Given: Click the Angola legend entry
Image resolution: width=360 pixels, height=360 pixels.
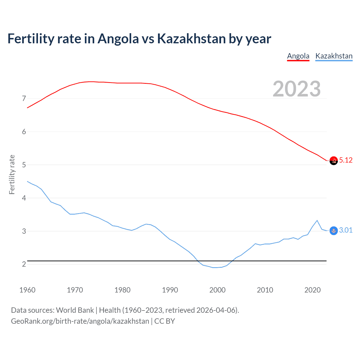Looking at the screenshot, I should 298,56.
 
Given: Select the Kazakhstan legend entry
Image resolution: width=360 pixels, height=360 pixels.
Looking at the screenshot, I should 334,56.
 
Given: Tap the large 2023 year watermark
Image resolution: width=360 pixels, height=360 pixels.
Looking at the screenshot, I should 297,89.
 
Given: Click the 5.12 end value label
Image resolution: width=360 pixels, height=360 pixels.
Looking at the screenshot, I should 346,160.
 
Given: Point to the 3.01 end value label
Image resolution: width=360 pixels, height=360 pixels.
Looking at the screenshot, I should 346,230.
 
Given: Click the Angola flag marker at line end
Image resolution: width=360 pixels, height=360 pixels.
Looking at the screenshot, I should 334,161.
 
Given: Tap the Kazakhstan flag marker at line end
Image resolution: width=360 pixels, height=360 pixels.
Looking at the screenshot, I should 334,231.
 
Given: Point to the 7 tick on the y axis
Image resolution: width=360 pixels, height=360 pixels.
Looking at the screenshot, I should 24,99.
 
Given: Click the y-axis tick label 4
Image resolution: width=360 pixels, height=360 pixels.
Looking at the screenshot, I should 24,198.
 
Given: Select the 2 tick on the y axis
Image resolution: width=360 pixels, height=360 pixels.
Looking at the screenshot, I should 24,264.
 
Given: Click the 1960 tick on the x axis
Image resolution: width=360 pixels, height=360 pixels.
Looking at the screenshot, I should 27,290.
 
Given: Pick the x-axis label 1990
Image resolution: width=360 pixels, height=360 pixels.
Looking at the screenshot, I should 170,290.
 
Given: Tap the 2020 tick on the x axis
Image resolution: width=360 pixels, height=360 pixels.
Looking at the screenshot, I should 312,290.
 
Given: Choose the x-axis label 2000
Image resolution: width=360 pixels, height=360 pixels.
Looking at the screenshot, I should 217,290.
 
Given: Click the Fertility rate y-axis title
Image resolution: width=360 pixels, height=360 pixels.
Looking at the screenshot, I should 12,174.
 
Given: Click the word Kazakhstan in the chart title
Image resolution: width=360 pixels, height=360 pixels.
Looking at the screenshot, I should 191,39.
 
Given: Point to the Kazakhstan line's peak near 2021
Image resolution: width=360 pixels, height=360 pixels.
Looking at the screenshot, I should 317,220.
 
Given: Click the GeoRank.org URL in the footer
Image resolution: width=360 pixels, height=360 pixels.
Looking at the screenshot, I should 80,321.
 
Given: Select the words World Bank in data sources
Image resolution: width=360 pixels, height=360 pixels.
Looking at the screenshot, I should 75,310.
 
